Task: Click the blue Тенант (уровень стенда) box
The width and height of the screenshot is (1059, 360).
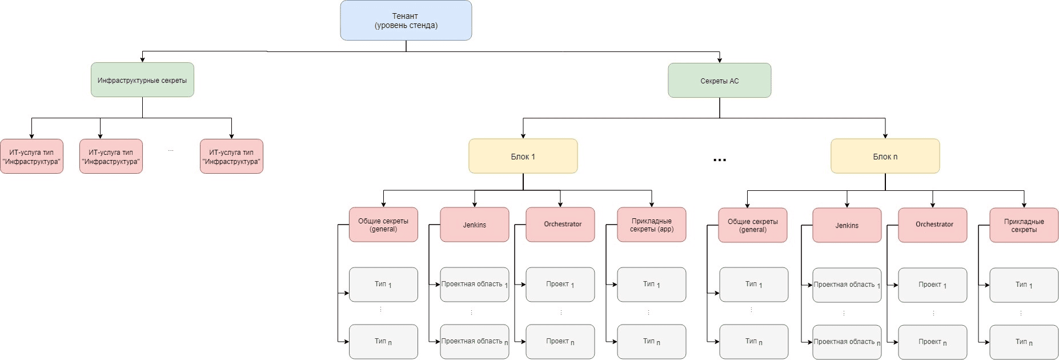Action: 406,21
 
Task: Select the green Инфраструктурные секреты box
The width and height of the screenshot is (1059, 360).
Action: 142,80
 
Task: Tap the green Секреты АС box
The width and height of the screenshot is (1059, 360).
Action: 719,81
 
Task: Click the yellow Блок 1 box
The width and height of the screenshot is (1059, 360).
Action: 523,156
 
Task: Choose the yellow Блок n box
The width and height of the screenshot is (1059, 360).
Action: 885,156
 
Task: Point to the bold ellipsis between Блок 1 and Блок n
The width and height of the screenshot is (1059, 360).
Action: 720,161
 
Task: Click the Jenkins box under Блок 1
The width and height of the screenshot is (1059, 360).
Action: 474,225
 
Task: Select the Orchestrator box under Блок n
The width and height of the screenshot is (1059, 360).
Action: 932,225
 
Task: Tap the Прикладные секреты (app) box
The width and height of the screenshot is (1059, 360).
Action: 651,225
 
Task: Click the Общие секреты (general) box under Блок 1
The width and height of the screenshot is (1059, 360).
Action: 383,225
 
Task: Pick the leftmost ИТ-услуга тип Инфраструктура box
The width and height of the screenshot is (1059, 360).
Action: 31,157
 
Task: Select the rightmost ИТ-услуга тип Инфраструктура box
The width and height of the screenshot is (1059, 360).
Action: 231,157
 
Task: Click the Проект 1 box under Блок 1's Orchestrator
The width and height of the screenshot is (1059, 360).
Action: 560,284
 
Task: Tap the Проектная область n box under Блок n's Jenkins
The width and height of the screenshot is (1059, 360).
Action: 847,342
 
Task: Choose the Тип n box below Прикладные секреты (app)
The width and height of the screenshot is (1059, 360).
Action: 651,341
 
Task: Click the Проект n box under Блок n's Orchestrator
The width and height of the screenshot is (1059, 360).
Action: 932,342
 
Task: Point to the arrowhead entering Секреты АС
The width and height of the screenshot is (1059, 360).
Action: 719,60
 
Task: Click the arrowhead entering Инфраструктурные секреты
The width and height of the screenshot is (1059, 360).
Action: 142,59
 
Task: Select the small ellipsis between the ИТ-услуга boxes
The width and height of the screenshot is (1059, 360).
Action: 171,150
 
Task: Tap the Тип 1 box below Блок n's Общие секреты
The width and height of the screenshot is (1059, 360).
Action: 753,284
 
